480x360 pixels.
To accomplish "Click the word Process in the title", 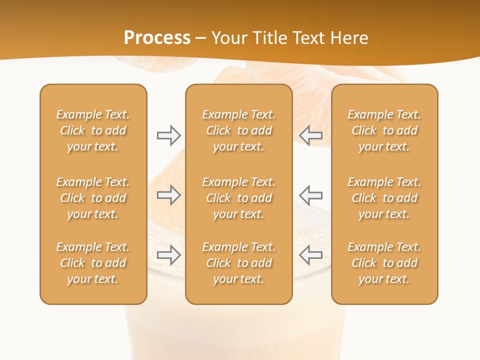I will click(157, 38).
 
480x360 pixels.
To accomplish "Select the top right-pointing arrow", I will click(168, 135).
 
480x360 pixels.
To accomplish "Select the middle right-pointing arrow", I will click(168, 195).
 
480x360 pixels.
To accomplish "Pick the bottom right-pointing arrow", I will click(168, 255).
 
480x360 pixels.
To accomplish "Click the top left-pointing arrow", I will click(311, 135).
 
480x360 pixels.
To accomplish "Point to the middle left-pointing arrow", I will click(311, 195).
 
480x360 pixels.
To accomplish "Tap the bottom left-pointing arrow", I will click(311, 255).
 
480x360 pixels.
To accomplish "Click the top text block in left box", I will click(93, 130).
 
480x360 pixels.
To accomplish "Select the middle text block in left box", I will click(93, 198).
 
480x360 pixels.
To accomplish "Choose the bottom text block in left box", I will click(93, 263).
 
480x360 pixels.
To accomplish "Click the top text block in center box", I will click(238, 130).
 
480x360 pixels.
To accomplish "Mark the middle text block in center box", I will click(238, 198).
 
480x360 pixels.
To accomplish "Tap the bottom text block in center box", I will click(238, 263).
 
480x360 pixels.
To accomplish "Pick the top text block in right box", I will click(384, 130).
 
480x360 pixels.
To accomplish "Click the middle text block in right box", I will click(384, 198).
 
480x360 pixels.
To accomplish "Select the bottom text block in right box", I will click(384, 263).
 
